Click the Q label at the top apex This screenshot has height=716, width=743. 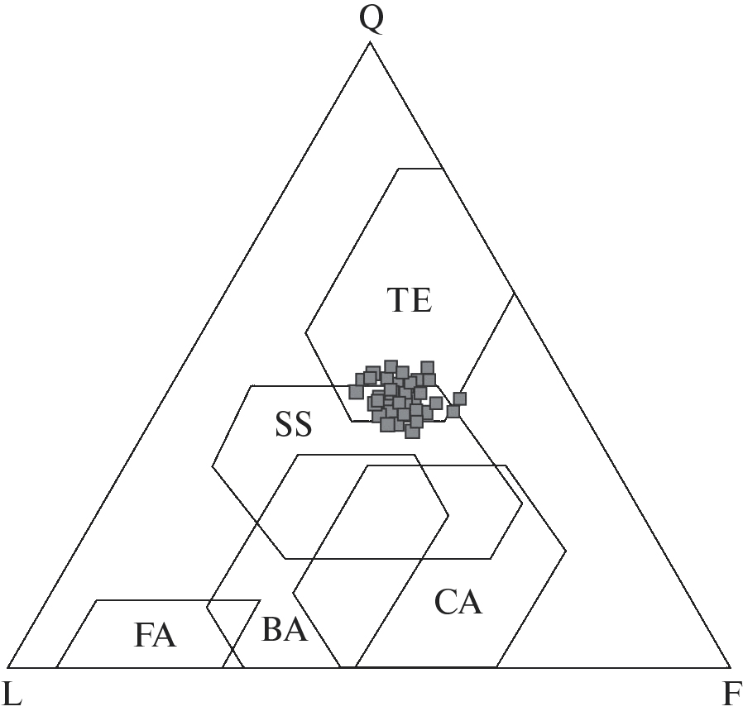coord(371,21)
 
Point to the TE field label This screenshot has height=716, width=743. coord(410,300)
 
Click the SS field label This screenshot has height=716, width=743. coord(294,424)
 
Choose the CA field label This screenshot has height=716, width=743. coord(458,603)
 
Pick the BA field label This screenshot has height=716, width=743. coord(285,629)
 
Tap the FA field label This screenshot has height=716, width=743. coord(155,635)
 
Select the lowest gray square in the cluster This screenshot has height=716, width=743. coord(412,432)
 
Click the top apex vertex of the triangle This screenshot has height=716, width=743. coord(370,42)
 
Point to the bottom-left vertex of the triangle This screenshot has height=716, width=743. coord(8,667)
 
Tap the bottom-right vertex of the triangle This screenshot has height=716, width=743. coord(731,667)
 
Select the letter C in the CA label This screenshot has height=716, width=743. coord(445,603)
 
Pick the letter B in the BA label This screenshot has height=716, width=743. coord(272,629)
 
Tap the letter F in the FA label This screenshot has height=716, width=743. coord(144,635)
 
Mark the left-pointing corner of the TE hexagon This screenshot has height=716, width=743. coord(305,332)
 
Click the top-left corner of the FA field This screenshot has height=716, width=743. coord(97,600)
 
